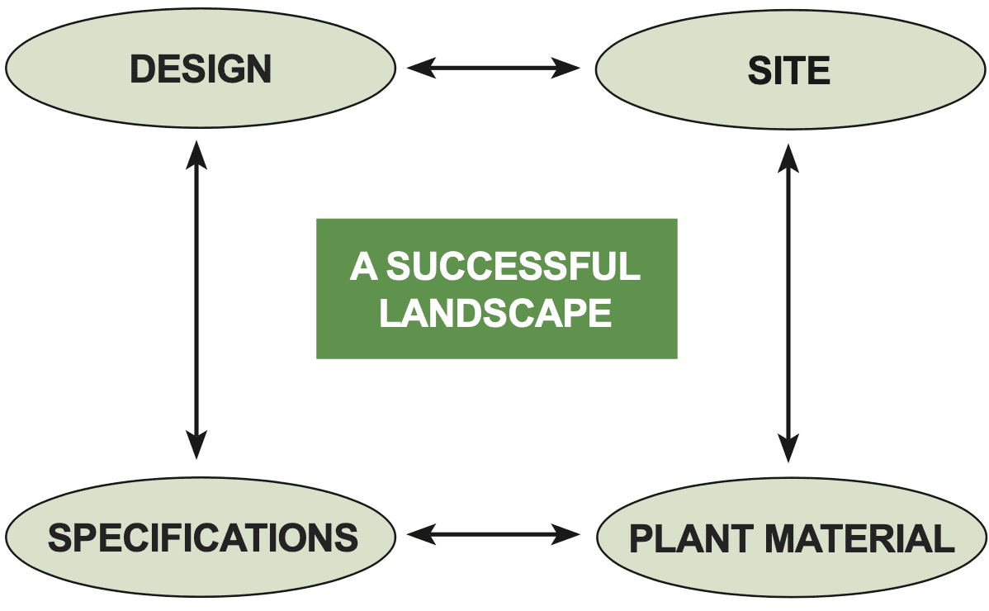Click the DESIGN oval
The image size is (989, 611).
201,70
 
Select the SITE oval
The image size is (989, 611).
788,71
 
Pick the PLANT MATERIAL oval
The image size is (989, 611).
791,539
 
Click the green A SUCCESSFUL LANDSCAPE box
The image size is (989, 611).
496,288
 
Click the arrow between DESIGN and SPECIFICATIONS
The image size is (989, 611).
196,300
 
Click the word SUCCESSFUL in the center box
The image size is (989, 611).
513,267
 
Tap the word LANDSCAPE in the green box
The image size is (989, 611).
495,313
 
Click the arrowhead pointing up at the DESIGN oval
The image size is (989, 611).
196,154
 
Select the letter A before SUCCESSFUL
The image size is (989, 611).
364,267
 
